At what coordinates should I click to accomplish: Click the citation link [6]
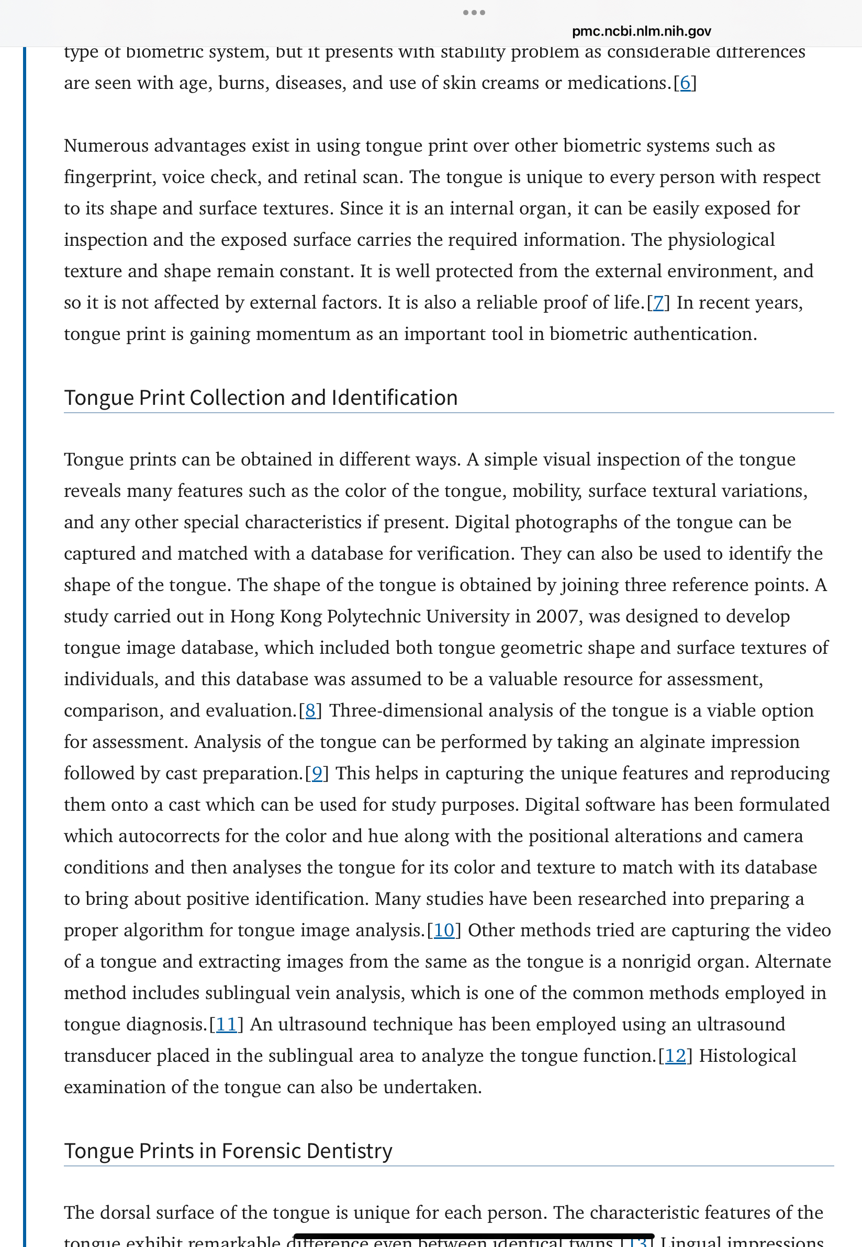tap(685, 83)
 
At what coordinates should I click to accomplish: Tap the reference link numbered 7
tap(658, 303)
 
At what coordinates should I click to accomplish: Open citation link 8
tap(310, 711)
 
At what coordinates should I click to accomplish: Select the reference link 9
tap(317, 774)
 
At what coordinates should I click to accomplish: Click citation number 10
tap(444, 930)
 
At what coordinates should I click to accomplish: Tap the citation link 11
tap(226, 1024)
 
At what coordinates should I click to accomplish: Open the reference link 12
tap(675, 1056)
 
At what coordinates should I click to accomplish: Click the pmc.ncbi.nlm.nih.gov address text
tap(641, 31)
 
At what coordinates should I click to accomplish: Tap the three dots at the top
tap(474, 13)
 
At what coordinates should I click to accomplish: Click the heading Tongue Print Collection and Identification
tap(261, 398)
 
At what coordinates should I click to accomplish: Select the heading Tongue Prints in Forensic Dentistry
tap(228, 1150)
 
